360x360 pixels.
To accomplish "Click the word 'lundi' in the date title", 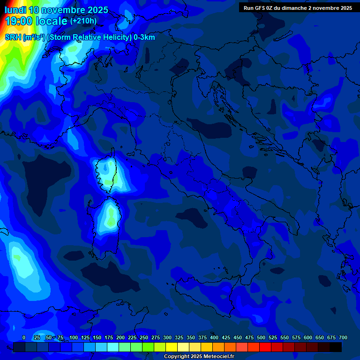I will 15,10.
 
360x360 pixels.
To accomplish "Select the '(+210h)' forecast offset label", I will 83,21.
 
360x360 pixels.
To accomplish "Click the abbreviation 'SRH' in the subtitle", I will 13,37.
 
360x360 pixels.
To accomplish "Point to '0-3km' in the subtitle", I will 144,37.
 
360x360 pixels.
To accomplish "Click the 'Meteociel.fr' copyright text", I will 216,357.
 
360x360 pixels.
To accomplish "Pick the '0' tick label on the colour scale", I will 24,337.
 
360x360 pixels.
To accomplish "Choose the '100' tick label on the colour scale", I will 74,337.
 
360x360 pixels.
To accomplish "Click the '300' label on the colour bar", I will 167,337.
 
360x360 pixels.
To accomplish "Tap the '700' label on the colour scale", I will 343,337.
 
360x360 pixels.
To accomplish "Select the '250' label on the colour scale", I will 144,337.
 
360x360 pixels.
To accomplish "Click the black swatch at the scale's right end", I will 336,347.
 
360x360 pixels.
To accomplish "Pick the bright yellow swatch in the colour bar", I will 172,347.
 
